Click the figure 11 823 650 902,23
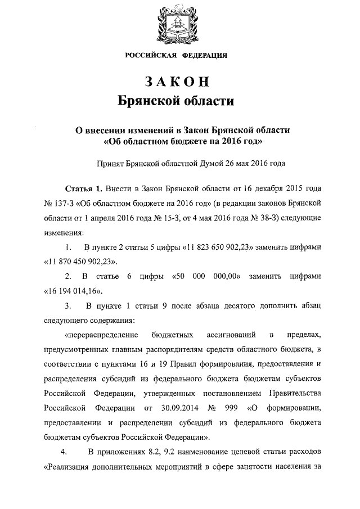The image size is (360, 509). (221, 247)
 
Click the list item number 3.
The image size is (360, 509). (67, 306)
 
